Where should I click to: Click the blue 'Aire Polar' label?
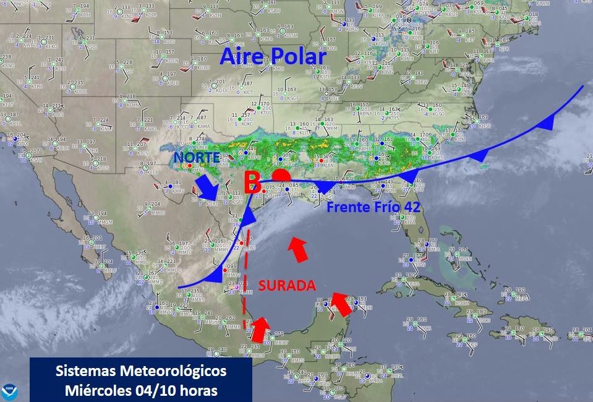point(273,58)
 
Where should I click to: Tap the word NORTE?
point(197,158)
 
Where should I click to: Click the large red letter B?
point(251,183)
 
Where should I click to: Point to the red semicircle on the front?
point(281,176)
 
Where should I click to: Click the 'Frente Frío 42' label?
point(373,207)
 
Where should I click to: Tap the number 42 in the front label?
point(412,207)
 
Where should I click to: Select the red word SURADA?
point(287,286)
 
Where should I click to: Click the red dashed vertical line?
point(246,278)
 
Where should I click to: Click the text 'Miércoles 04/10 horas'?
point(141,390)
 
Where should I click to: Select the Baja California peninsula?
point(68,204)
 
